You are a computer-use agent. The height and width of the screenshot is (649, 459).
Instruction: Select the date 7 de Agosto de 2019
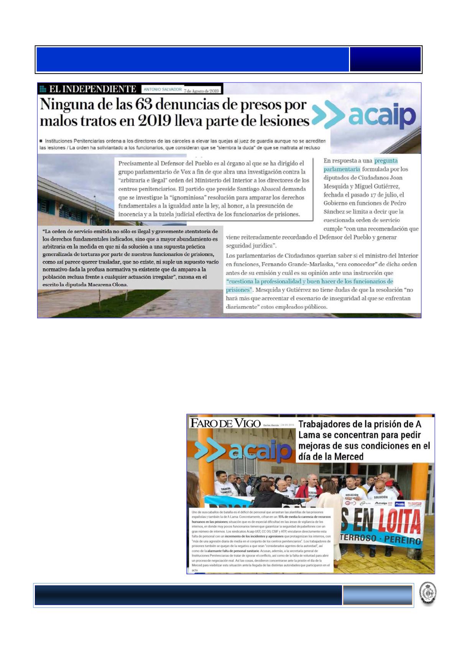[201, 91]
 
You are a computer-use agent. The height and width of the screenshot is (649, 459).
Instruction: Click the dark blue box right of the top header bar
[385, 59]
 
